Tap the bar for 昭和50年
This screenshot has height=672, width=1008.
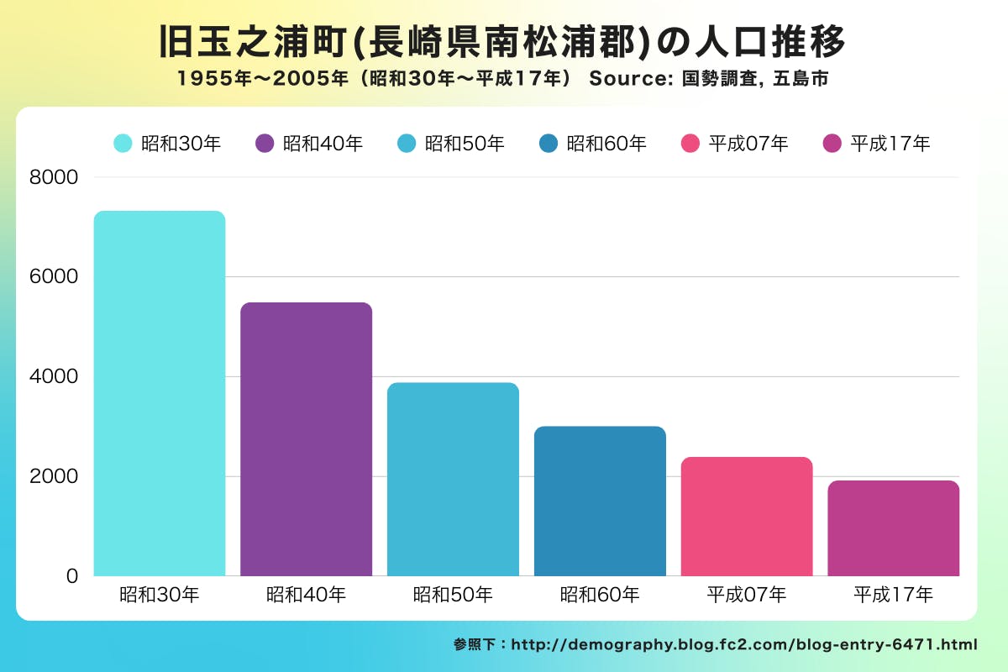click(453, 479)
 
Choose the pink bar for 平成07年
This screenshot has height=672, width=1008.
click(747, 516)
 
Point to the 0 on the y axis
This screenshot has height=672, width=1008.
click(72, 576)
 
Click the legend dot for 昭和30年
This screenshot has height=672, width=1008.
click(123, 144)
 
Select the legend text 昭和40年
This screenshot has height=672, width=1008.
click(323, 144)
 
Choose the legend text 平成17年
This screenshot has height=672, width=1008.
click(890, 144)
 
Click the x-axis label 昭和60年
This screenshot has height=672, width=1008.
click(600, 596)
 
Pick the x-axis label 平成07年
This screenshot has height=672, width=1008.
click(747, 596)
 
